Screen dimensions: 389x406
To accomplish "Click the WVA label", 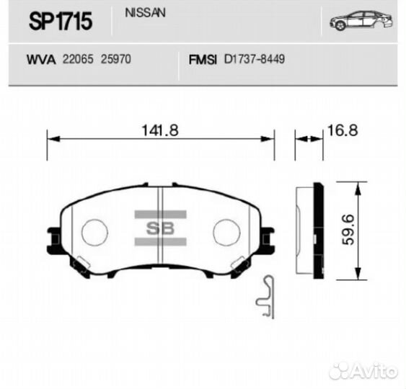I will (x=40, y=61).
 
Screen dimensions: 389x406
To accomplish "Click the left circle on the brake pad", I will (x=94, y=232).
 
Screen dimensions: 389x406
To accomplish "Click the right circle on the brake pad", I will (x=226, y=232).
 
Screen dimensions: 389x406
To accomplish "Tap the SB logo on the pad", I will (x=160, y=229).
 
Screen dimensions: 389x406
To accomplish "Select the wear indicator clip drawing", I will (x=267, y=297).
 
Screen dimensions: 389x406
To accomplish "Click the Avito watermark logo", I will (x=362, y=371).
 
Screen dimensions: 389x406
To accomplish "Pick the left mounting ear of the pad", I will (x=54, y=236).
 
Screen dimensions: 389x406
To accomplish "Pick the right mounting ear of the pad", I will (x=267, y=236).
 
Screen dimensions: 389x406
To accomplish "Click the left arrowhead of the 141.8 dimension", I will (x=50, y=138).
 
